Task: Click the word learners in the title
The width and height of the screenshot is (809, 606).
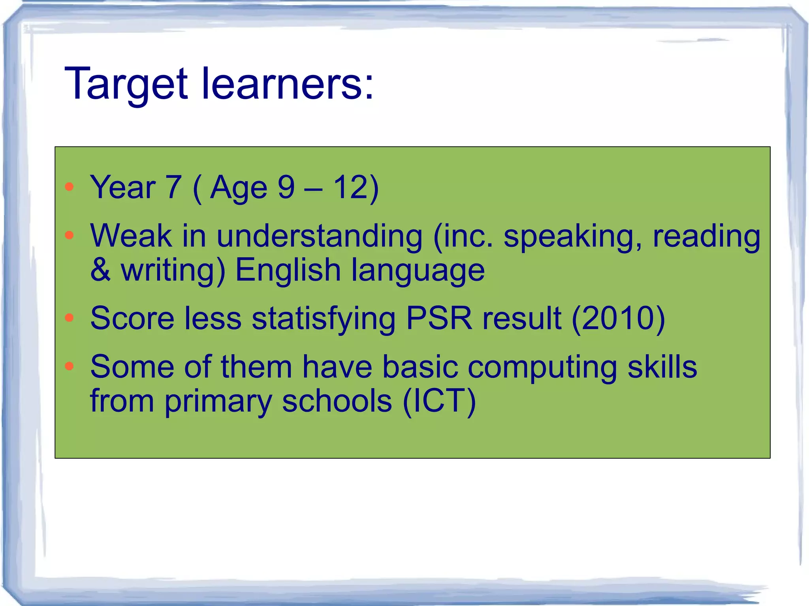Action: coord(282,84)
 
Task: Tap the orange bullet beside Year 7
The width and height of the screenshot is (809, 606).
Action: coord(70,187)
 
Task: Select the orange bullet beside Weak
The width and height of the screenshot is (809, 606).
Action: coord(70,235)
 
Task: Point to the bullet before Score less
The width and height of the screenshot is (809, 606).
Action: coord(70,318)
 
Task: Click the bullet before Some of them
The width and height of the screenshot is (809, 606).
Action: coord(70,366)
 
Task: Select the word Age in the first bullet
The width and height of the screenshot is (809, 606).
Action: coord(239,188)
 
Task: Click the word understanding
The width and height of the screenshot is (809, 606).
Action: coord(319,236)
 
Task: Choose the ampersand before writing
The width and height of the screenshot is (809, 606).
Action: coord(100,270)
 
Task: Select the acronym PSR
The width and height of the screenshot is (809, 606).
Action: coord(439,318)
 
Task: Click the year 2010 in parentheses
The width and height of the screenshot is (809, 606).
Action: coord(618,318)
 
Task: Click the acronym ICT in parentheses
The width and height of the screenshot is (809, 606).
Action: coord(439,401)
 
